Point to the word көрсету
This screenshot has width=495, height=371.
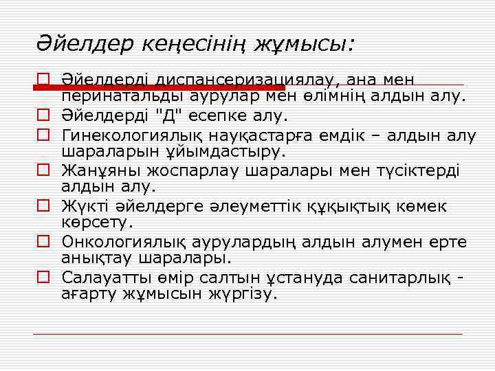pyautogui.click(x=97, y=222)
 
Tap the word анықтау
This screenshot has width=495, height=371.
pyautogui.click(x=97, y=258)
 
